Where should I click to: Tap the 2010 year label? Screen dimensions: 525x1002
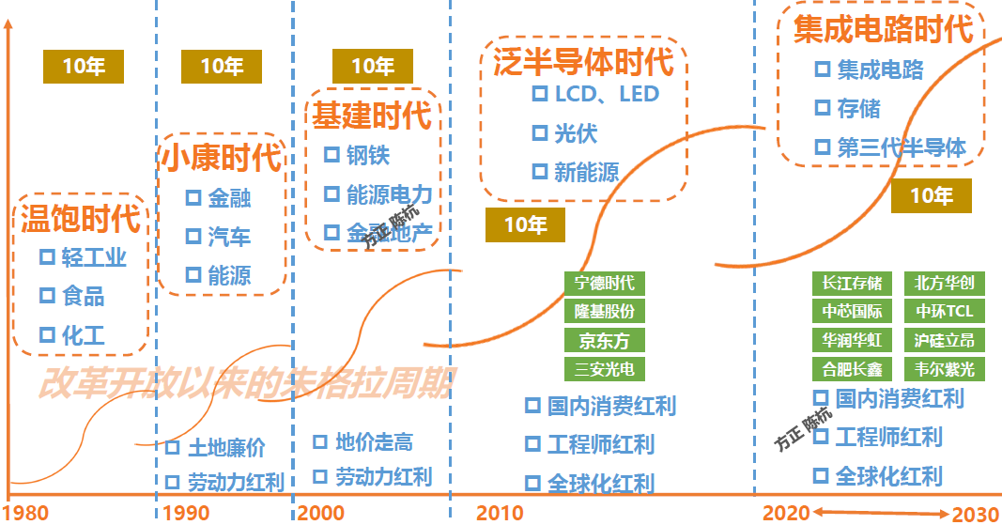(500, 514)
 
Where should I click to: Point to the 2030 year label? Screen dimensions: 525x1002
(976, 514)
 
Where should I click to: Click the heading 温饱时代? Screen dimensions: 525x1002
(81, 219)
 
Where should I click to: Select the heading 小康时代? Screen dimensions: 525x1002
(221, 157)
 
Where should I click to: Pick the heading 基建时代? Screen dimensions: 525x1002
(372, 116)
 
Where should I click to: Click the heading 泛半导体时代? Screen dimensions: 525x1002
(583, 62)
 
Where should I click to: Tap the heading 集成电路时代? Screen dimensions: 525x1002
(883, 28)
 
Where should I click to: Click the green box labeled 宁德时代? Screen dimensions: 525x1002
(605, 283)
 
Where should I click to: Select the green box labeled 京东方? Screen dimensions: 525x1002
(605, 340)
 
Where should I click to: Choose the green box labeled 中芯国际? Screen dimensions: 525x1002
(852, 312)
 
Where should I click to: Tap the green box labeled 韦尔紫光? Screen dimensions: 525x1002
(944, 369)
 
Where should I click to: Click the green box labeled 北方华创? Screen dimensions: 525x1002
(944, 283)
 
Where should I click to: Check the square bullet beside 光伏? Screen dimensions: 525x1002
(540, 132)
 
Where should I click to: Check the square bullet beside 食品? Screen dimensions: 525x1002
(47, 295)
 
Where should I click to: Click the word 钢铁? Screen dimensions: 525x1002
(368, 154)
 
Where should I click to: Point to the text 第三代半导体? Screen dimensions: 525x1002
(902, 147)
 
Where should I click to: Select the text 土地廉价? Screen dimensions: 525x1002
(226, 448)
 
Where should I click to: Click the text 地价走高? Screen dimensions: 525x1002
(374, 442)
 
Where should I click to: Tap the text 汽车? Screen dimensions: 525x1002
(229, 236)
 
